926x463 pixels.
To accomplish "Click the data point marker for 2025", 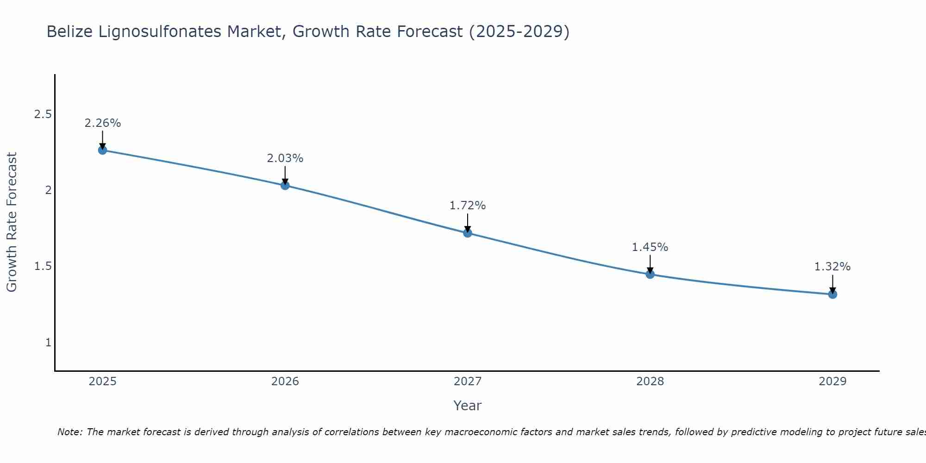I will point(102,150).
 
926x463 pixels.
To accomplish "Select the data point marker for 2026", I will point(285,185).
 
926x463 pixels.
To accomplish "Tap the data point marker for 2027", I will point(468,233).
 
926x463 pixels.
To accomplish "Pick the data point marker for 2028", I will point(650,274).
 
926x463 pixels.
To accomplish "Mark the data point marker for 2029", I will point(832,294).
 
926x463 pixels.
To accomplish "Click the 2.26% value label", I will point(102,123).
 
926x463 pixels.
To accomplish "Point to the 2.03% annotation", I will point(285,158).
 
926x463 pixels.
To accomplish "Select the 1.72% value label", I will point(468,206).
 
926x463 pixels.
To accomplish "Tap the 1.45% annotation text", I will point(650,247).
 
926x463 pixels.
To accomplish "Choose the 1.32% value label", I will point(832,267).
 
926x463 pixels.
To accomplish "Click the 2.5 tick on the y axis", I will point(43,114).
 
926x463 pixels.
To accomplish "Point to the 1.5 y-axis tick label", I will point(43,266).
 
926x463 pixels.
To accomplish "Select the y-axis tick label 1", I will point(48,343).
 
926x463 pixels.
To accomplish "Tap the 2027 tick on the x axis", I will point(468,382).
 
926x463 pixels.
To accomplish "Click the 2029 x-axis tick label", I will point(832,382).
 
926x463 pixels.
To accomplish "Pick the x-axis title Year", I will point(468,406).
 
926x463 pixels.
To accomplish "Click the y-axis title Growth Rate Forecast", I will point(12,222).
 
